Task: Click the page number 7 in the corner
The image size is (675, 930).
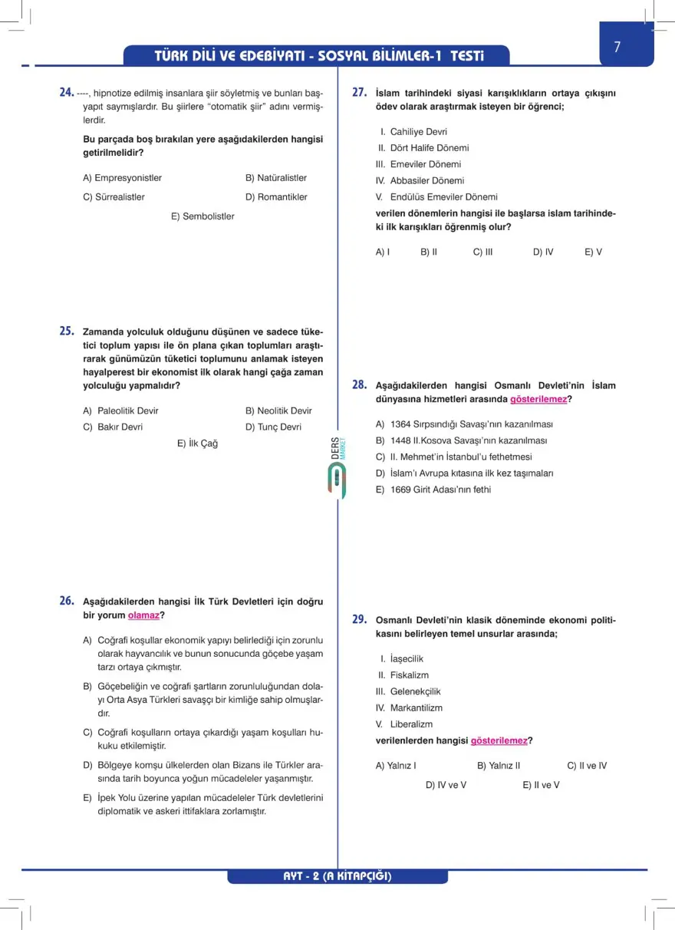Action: point(617,47)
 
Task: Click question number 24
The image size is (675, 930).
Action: point(66,92)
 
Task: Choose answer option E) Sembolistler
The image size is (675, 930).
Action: point(202,216)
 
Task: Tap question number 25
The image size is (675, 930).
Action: point(66,331)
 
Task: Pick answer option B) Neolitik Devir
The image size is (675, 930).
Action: point(278,411)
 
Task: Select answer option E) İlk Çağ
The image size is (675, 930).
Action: point(197,444)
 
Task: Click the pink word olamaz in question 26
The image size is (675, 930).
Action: point(143,615)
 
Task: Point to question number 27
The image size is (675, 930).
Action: point(359,92)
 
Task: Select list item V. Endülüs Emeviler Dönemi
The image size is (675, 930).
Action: point(436,197)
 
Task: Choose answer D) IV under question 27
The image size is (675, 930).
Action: point(543,252)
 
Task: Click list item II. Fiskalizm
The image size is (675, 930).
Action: point(403,675)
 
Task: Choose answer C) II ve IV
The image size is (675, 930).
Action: point(587,766)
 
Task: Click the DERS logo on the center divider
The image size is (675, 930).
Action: point(337,468)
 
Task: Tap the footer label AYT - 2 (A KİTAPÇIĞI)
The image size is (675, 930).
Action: point(337,876)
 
